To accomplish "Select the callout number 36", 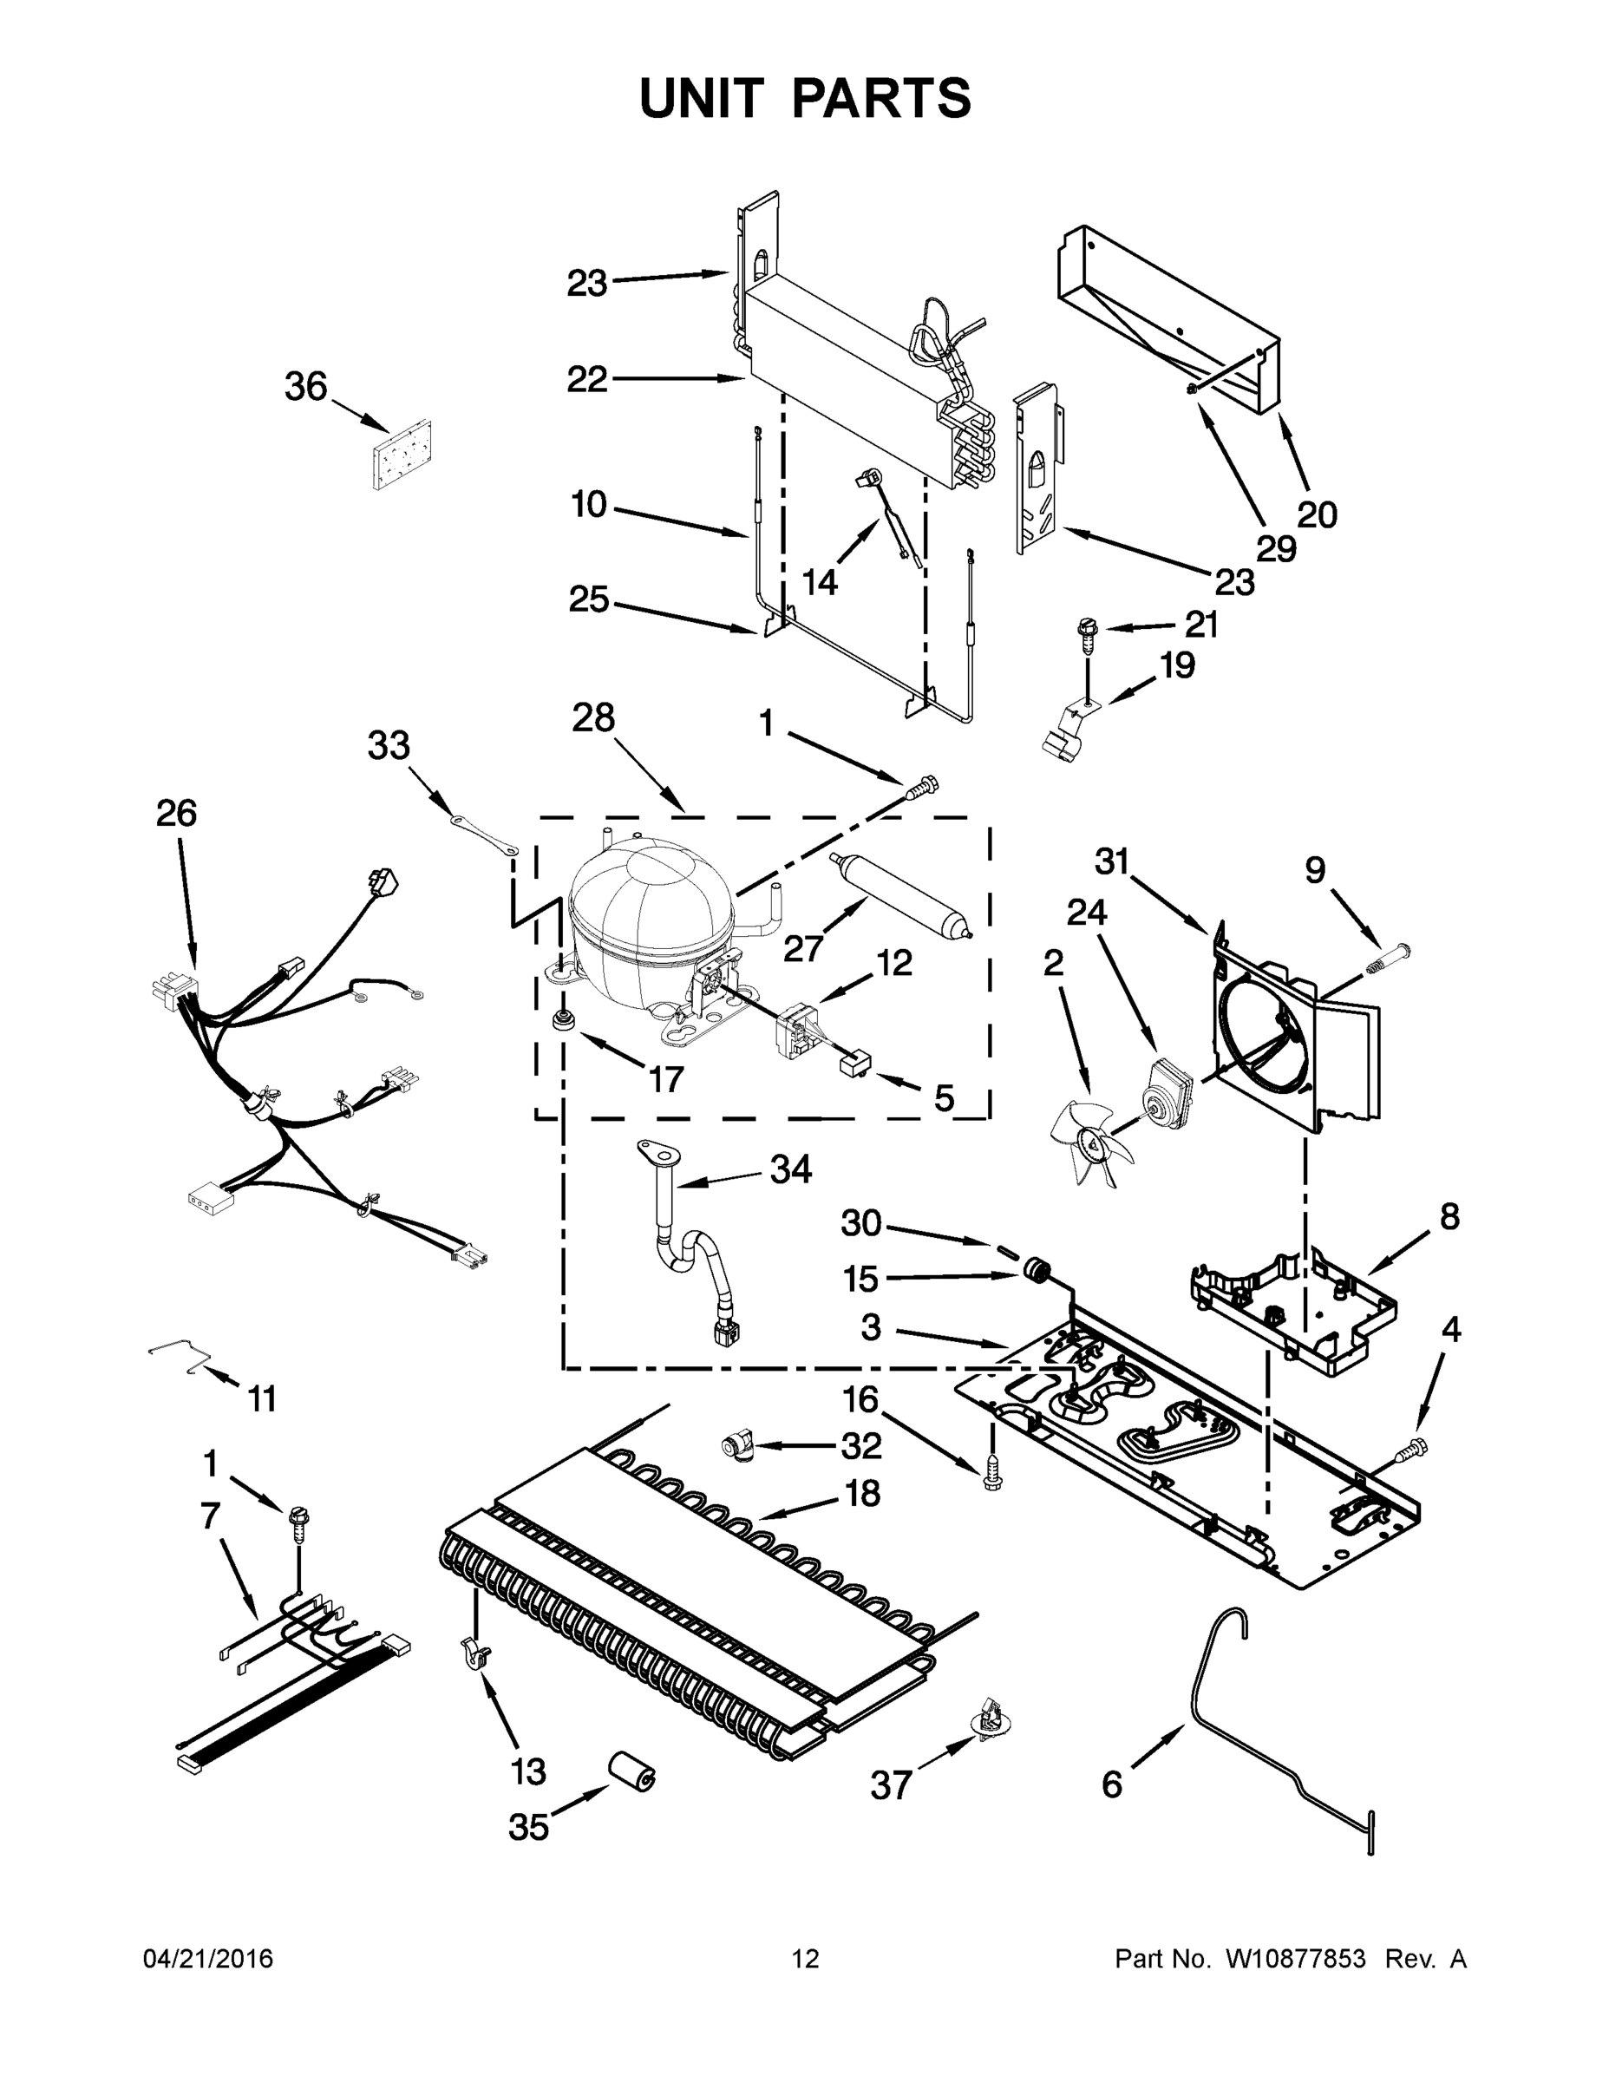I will pyautogui.click(x=305, y=386).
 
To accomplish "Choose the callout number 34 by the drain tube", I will pyautogui.click(x=790, y=1169).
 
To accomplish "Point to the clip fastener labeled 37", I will pyautogui.click(x=991, y=1719).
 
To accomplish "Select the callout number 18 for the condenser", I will pyautogui.click(x=861, y=1493).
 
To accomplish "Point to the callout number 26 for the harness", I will pyautogui.click(x=176, y=813).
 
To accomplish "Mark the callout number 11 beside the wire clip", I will pyautogui.click(x=261, y=1399).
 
